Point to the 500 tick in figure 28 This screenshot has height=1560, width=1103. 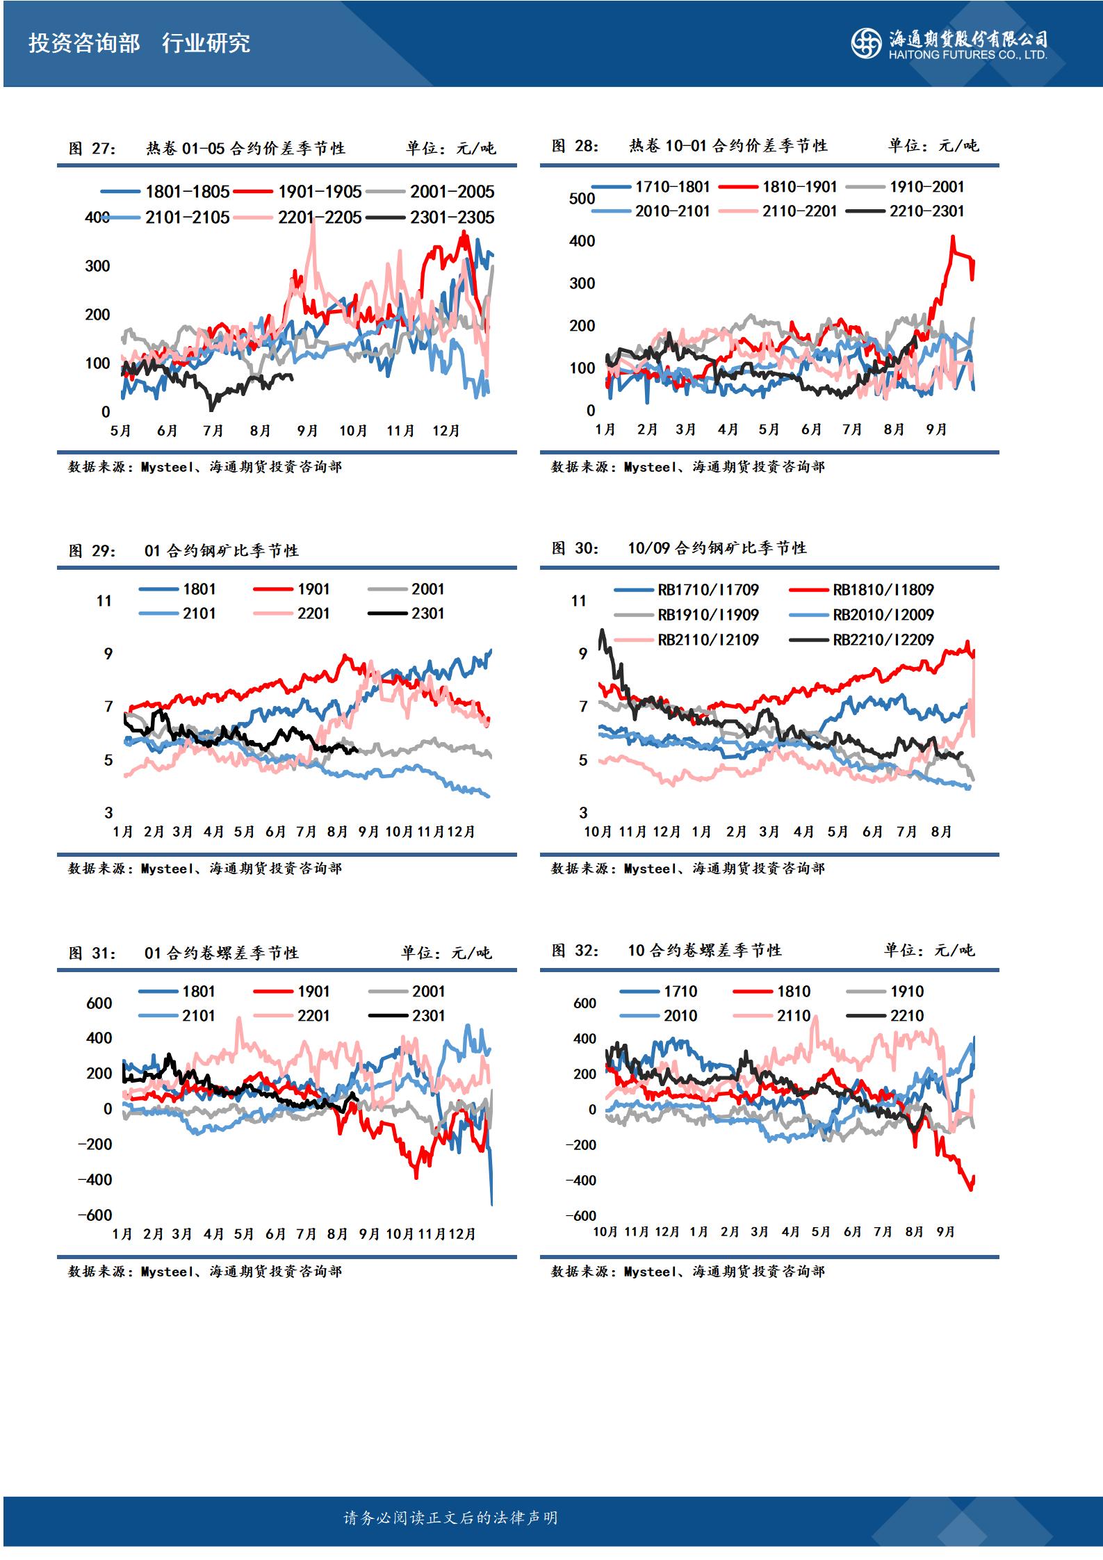coord(582,199)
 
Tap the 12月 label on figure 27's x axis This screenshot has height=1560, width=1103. coord(446,431)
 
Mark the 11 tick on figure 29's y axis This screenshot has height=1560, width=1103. coord(104,601)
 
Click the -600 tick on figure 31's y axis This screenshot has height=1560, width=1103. coord(95,1215)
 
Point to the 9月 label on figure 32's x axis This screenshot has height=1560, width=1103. coord(945,1231)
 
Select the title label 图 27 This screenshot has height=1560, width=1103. coord(92,148)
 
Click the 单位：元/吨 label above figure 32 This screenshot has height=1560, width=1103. coord(929,950)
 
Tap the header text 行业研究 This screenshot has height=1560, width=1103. coord(206,43)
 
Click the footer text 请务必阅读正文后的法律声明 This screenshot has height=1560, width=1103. coord(450,1518)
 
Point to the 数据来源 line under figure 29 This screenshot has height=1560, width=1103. coord(204,869)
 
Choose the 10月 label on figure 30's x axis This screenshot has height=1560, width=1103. coord(598,832)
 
